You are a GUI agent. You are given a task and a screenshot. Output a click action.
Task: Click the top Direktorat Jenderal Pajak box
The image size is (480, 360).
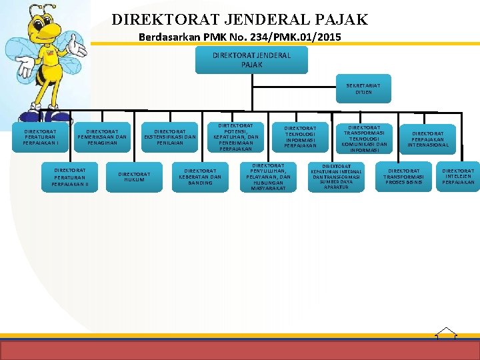click(x=251, y=60)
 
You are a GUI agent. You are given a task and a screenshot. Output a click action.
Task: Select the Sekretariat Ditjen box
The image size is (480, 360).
click(x=363, y=89)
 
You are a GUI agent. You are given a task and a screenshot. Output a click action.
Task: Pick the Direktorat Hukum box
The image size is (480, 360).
click(x=134, y=177)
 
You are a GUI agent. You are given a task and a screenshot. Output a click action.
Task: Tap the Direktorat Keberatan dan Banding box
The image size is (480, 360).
click(x=200, y=177)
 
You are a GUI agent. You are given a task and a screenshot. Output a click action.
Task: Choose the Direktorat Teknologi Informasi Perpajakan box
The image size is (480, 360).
click(x=301, y=137)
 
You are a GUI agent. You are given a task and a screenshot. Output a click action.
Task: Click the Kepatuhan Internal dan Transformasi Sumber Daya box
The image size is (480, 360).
click(x=336, y=177)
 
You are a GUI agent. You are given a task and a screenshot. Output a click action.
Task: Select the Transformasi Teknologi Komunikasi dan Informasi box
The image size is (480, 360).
click(x=364, y=139)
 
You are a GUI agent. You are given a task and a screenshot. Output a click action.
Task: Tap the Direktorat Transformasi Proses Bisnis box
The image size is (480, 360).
click(x=403, y=177)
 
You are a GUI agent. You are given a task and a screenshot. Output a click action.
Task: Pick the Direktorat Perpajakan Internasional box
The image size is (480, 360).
click(x=428, y=139)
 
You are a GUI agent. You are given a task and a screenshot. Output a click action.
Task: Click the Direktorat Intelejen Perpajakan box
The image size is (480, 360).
click(x=458, y=177)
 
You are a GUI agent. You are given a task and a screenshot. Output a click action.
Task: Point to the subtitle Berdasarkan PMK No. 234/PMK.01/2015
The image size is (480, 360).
click(x=239, y=37)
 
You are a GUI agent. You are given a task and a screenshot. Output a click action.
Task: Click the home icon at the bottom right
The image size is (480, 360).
click(x=445, y=333)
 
